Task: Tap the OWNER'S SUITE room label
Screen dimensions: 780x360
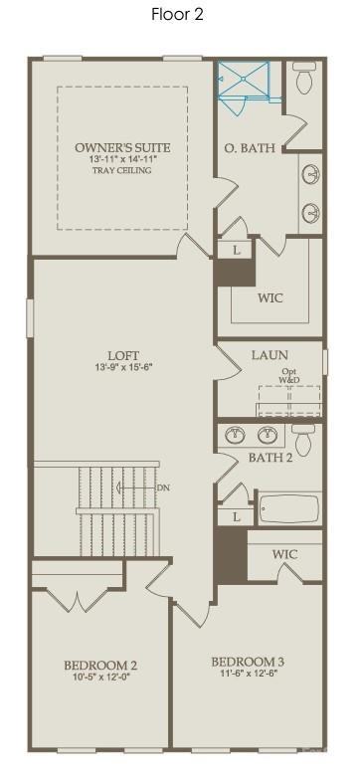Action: pyautogui.click(x=122, y=147)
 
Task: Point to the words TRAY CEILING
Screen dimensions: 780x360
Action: pyautogui.click(x=122, y=171)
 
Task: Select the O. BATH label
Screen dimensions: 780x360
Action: pyautogui.click(x=243, y=149)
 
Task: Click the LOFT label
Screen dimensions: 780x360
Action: pyautogui.click(x=123, y=355)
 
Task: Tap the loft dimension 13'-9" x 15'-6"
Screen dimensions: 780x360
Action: pyautogui.click(x=123, y=368)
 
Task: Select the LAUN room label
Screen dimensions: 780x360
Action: pyautogui.click(x=270, y=354)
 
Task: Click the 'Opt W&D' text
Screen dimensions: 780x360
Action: pyautogui.click(x=288, y=375)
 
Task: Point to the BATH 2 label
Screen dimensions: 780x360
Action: pyautogui.click(x=270, y=458)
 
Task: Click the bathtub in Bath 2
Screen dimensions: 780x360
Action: pyautogui.click(x=289, y=508)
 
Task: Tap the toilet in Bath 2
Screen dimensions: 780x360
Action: pyautogui.click(x=303, y=438)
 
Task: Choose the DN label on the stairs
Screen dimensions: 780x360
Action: pyautogui.click(x=163, y=488)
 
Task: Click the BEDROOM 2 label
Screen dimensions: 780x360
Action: pyautogui.click(x=100, y=666)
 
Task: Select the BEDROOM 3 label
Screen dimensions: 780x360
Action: pyautogui.click(x=248, y=662)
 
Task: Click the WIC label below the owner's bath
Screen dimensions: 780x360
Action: pyautogui.click(x=270, y=297)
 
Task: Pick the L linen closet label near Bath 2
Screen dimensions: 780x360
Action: pyautogui.click(x=236, y=517)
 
